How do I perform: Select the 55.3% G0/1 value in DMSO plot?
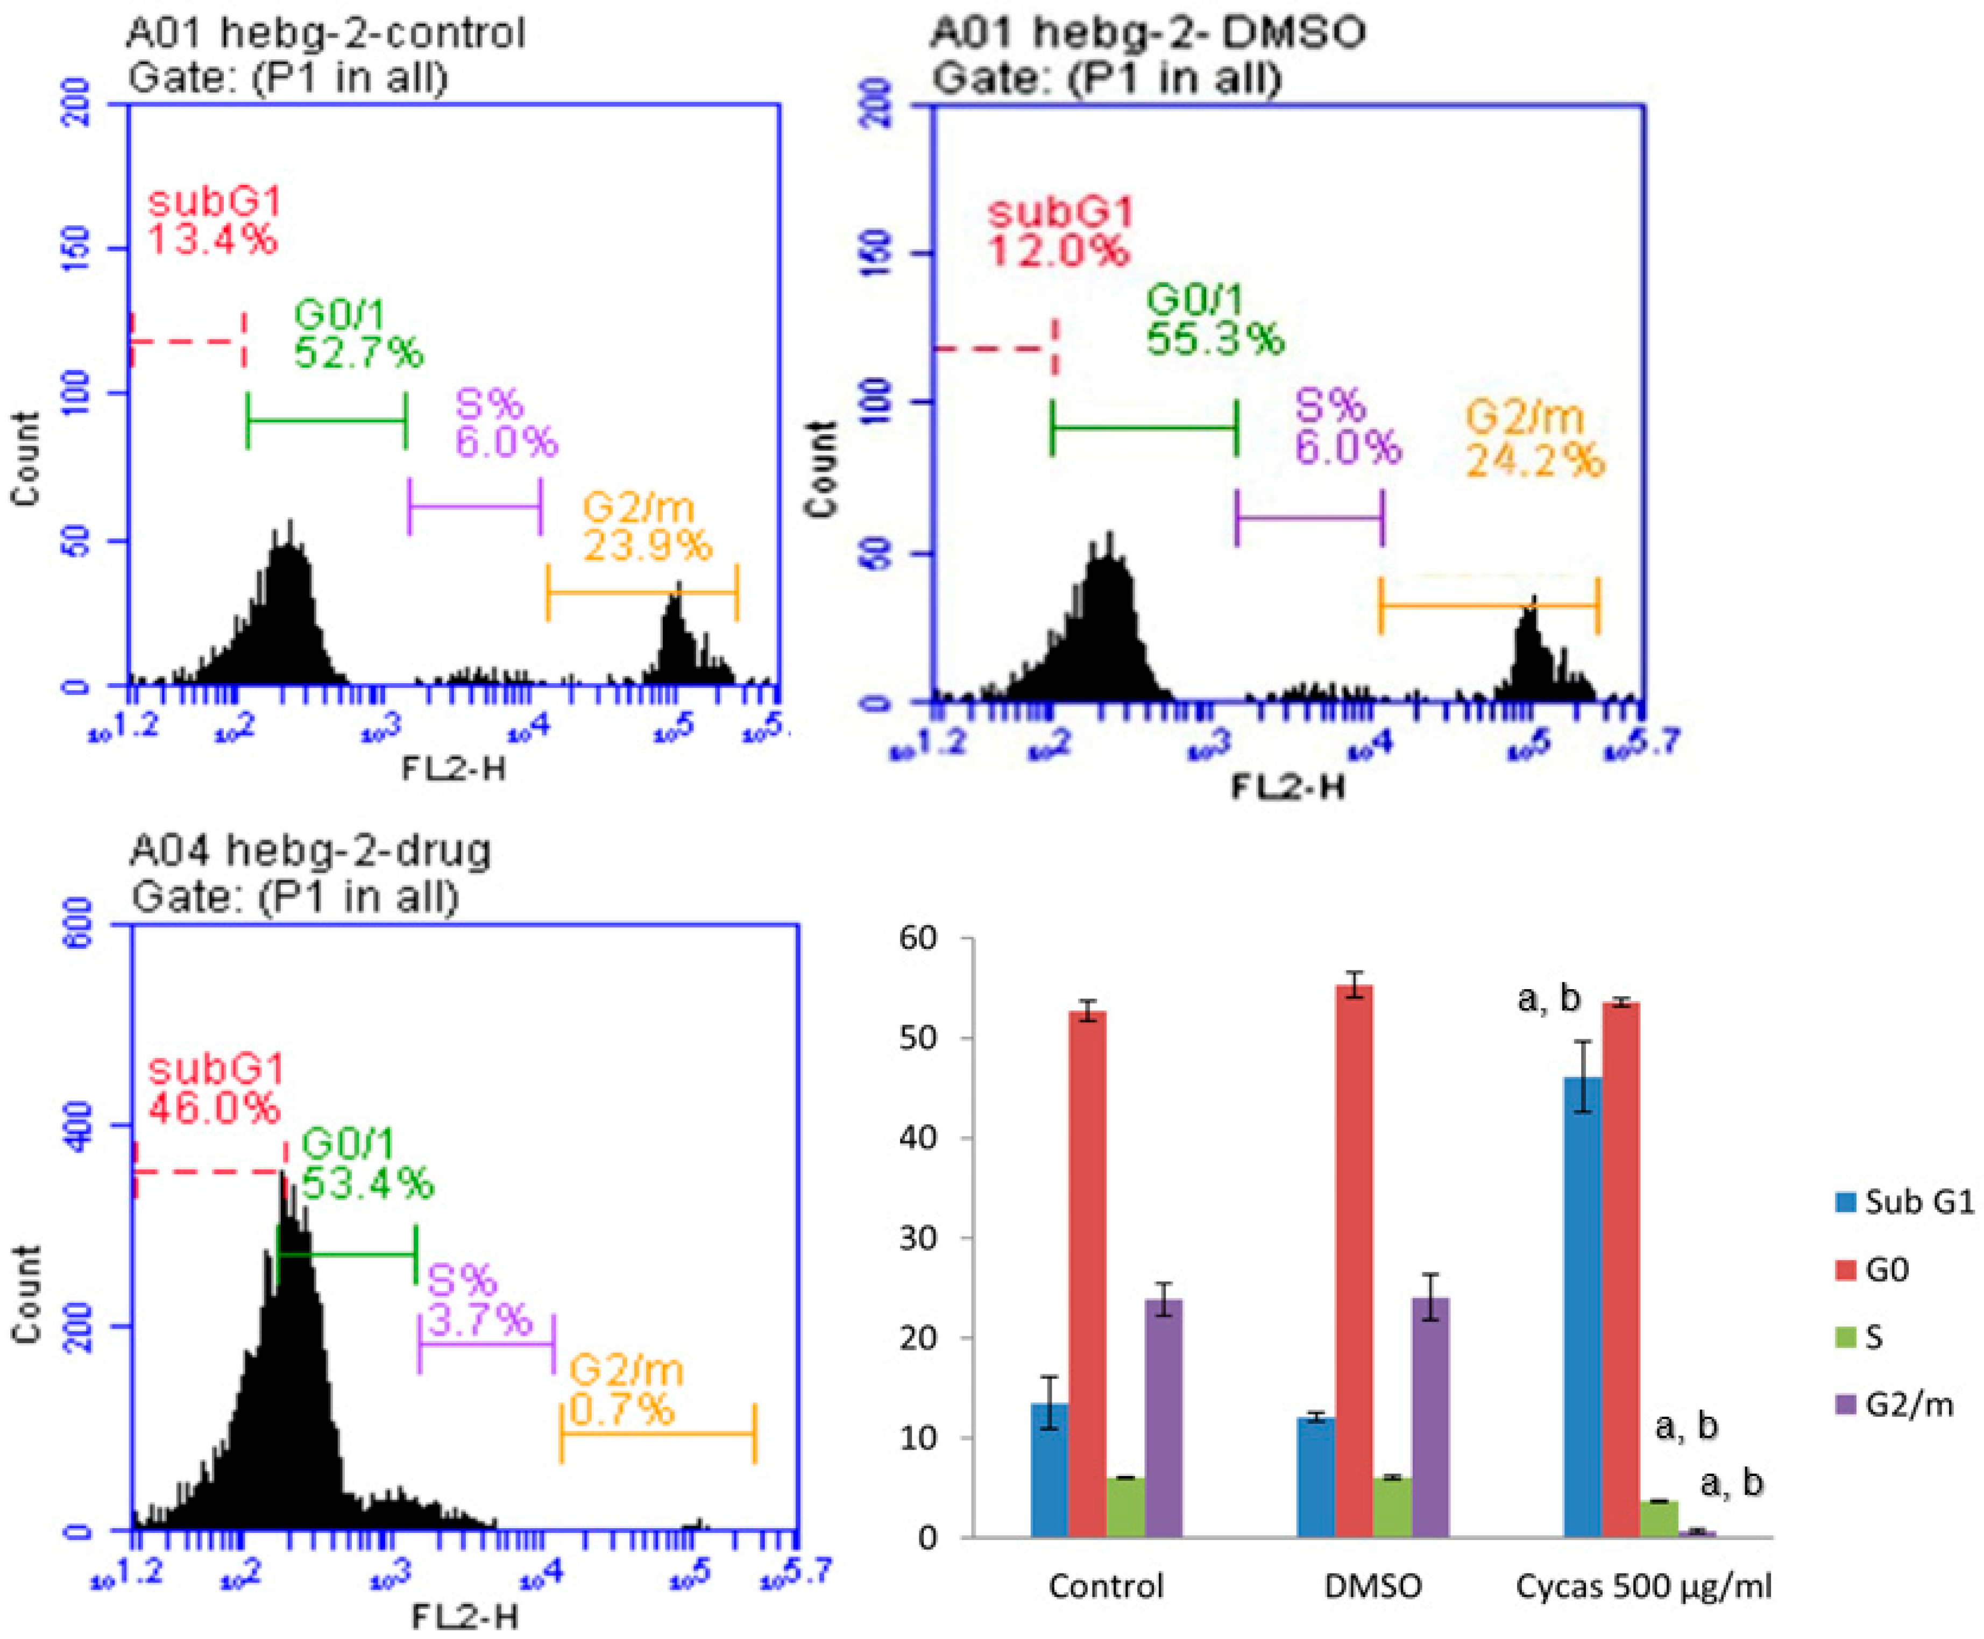point(1215,338)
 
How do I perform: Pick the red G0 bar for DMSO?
point(1354,1260)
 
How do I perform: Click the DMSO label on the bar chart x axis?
point(1372,1585)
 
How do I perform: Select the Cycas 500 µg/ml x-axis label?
point(1643,1585)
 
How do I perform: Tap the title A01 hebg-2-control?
point(326,34)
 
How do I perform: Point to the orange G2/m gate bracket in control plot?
point(642,593)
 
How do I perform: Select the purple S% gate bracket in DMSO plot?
point(1309,517)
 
